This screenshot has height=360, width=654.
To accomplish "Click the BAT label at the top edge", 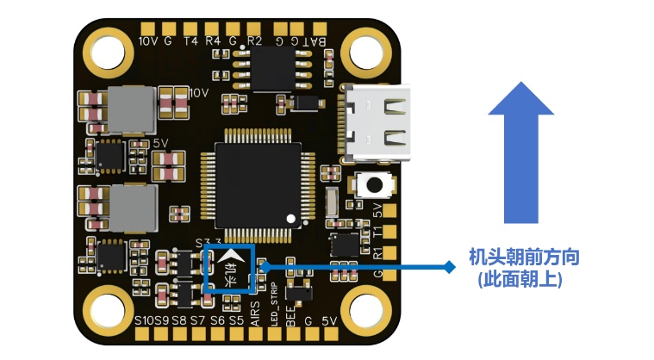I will click(315, 40).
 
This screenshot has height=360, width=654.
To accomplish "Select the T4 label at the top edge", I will click(190, 40).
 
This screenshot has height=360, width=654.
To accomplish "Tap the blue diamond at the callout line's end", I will click(449, 267).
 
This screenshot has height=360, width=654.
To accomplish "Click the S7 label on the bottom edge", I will click(197, 321).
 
